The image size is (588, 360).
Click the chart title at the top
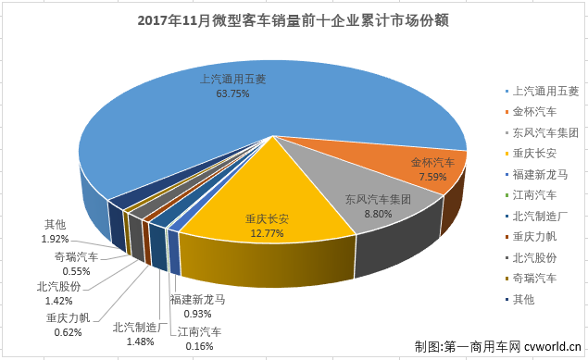[x=294, y=20]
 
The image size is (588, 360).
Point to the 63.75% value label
[x=232, y=93]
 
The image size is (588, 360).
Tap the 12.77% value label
[x=268, y=232]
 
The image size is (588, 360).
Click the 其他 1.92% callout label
[x=61, y=230]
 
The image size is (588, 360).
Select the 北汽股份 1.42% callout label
[x=60, y=292]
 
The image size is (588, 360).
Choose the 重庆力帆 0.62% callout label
[x=68, y=325]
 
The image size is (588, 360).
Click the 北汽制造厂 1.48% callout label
[x=138, y=333]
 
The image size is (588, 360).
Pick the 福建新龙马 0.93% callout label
[x=197, y=307]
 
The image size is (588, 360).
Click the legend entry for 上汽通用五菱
[x=544, y=91]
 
